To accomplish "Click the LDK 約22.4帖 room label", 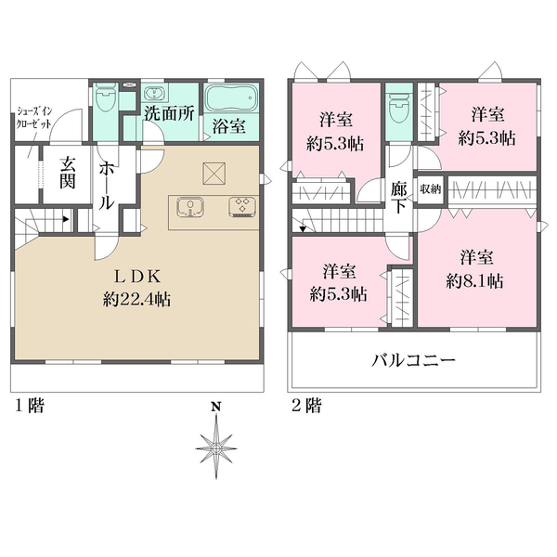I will click(138, 288).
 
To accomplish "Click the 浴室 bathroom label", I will click(229, 126).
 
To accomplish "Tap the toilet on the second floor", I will click(399, 109).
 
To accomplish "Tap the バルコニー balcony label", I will click(413, 360).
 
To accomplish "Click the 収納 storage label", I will click(429, 188).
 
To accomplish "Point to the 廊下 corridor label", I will click(399, 197).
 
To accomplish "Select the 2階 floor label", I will click(306, 405).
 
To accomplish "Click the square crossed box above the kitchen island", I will click(214, 173).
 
